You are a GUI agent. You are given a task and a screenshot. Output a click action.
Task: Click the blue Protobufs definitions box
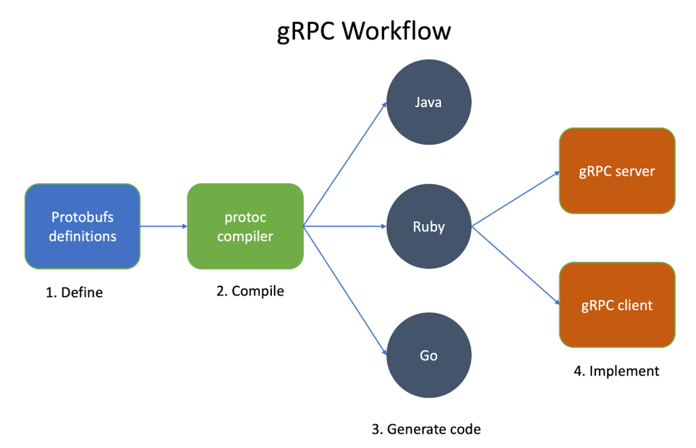(82, 227)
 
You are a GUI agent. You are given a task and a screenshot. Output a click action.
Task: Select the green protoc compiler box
(245, 227)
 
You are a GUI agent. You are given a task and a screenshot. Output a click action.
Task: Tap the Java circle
(428, 102)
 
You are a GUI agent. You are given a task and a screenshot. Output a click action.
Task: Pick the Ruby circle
(428, 227)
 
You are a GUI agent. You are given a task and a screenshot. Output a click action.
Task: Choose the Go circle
(428, 356)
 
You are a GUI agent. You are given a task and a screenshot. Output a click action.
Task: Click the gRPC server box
(616, 170)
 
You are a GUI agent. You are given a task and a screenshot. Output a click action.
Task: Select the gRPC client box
(616, 305)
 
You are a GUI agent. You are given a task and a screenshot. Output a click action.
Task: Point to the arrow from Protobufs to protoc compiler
(163, 227)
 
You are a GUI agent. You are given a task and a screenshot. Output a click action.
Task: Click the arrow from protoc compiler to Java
(345, 165)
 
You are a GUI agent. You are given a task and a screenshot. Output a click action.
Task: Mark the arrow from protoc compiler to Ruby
(345, 227)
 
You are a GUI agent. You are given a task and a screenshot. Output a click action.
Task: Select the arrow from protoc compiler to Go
(345, 290)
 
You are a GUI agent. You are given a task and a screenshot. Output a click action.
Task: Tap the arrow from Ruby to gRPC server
(515, 199)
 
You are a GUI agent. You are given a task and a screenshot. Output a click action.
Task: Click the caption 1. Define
(74, 293)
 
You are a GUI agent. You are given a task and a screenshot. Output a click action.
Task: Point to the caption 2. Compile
(250, 291)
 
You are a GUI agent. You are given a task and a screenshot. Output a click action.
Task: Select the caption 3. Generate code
(426, 429)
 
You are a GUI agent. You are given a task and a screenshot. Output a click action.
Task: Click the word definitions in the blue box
(83, 237)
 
